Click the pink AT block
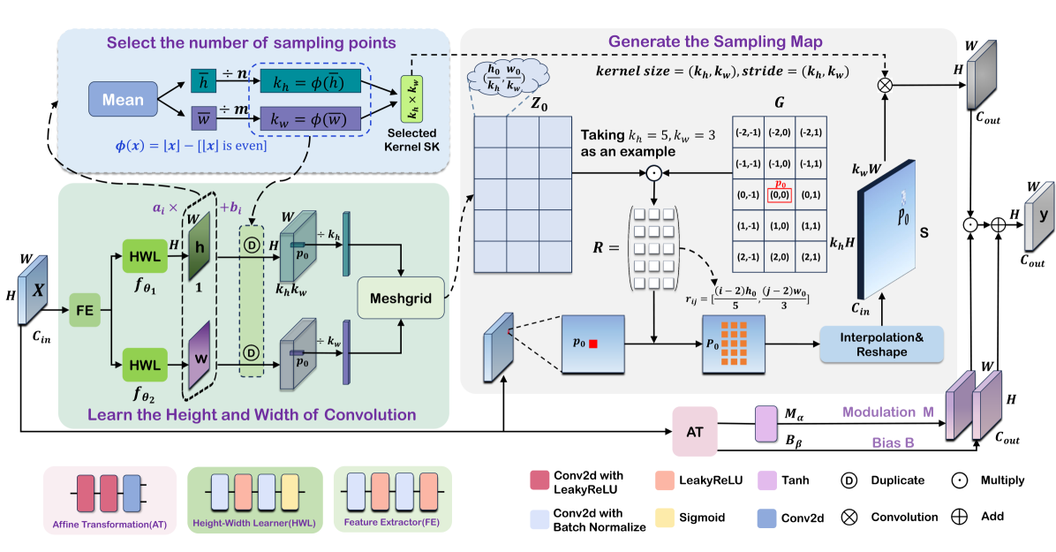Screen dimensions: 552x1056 (x=694, y=431)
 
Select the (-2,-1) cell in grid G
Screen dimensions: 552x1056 (x=747, y=132)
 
